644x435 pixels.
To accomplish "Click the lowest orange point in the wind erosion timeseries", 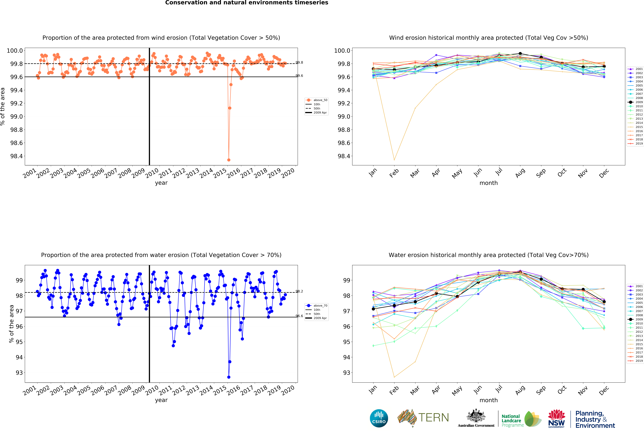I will click(229, 160).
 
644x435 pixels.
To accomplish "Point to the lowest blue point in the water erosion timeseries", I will click(229, 377).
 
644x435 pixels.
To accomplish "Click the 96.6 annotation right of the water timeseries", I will click(299, 316).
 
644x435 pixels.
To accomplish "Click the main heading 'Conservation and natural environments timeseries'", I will click(247, 3).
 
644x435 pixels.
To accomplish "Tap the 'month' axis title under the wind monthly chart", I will click(489, 183).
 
